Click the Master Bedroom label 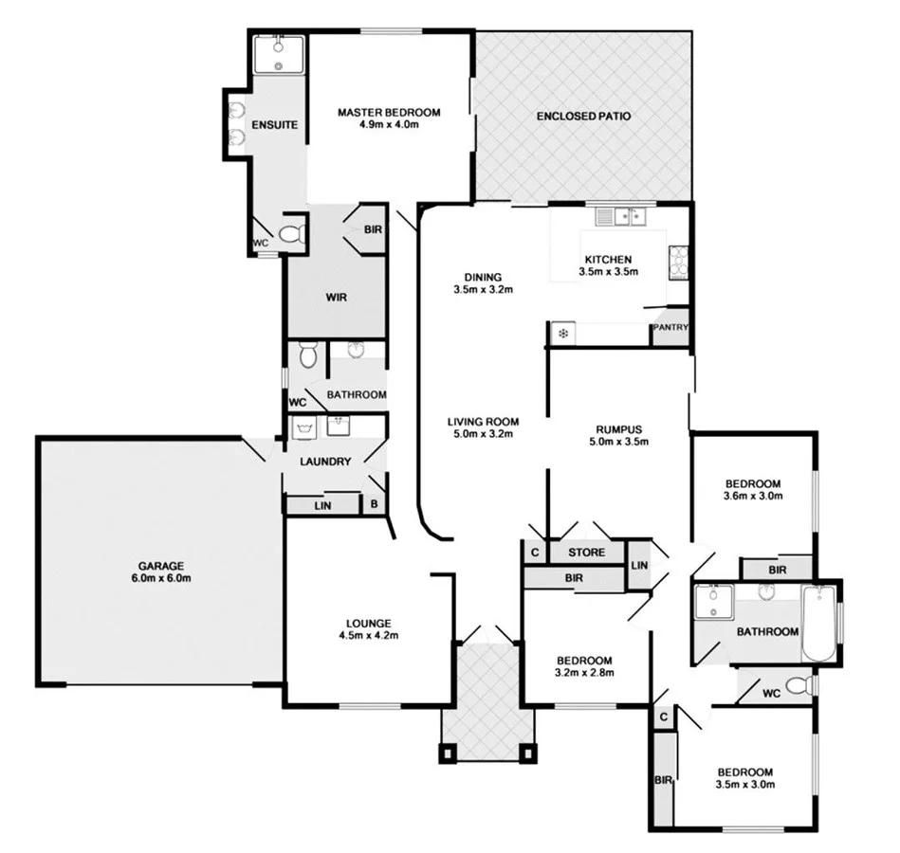(389, 113)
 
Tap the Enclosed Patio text (583, 117)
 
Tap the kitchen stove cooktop (680, 261)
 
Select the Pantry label (670, 328)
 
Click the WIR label (336, 298)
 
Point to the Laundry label (325, 462)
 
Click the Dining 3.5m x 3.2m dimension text (483, 290)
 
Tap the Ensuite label (275, 124)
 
